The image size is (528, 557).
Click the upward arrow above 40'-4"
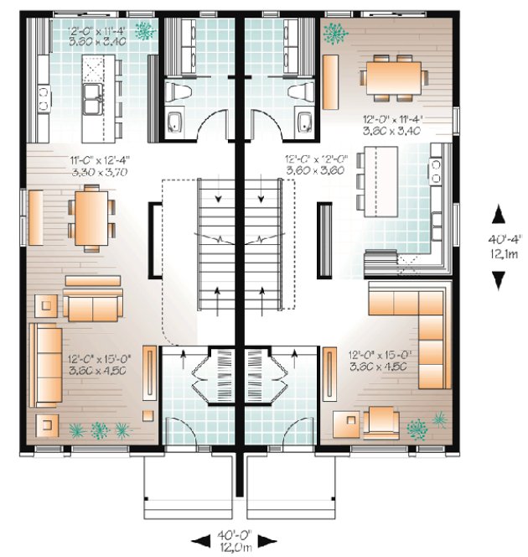[x=498, y=215]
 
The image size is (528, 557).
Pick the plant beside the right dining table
[x=339, y=34]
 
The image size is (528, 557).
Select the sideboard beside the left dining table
[x=35, y=217]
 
